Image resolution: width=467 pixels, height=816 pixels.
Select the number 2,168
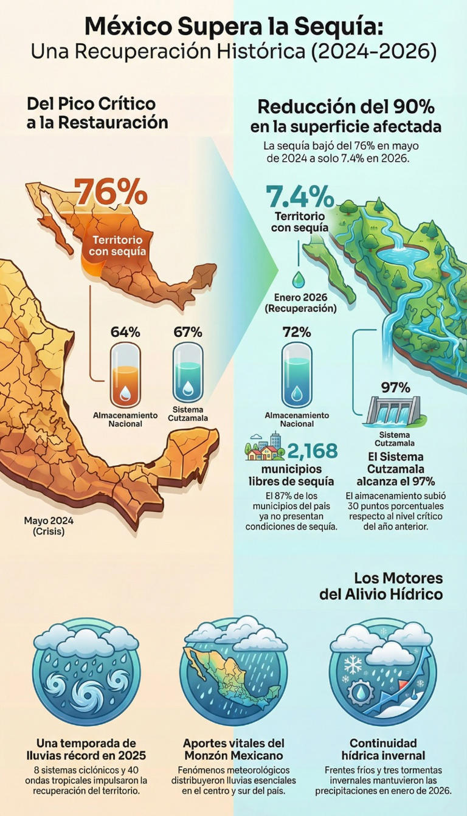coord(312,451)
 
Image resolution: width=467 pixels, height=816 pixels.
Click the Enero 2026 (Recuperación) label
coord(300,303)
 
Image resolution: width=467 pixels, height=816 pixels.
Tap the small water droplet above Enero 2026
coord(299,280)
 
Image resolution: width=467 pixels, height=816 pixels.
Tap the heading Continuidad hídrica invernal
coord(383,749)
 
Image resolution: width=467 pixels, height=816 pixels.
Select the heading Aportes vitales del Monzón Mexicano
coord(233,749)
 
